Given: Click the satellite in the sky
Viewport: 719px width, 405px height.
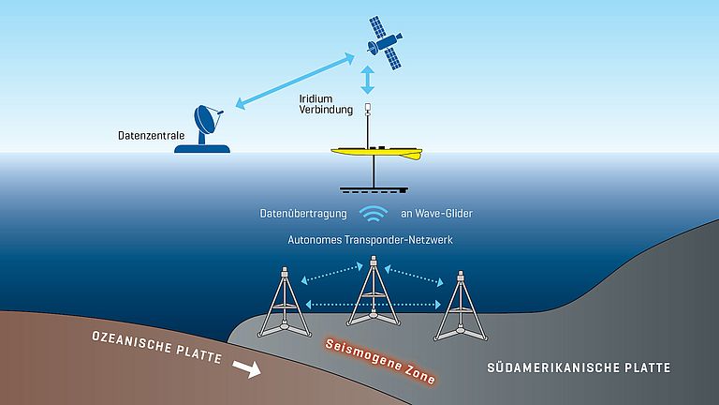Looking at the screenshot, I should click(x=384, y=42).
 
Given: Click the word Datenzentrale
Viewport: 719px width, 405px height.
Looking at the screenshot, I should click(x=151, y=137).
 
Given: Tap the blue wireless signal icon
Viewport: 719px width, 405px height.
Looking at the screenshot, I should click(x=374, y=215).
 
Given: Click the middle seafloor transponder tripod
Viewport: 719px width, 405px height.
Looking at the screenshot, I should click(x=371, y=295).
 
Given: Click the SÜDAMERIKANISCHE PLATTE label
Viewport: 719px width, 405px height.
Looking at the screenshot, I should click(x=580, y=367).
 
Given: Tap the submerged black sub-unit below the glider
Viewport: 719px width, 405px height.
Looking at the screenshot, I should click(x=374, y=188).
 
